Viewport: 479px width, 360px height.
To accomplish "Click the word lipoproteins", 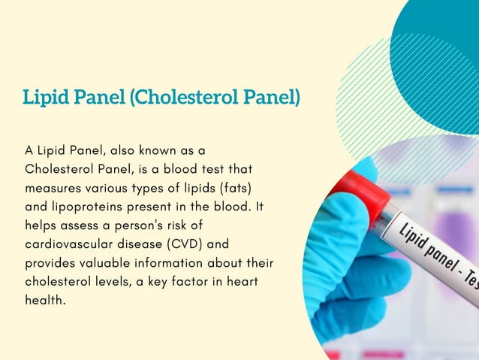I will (x=83, y=205).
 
